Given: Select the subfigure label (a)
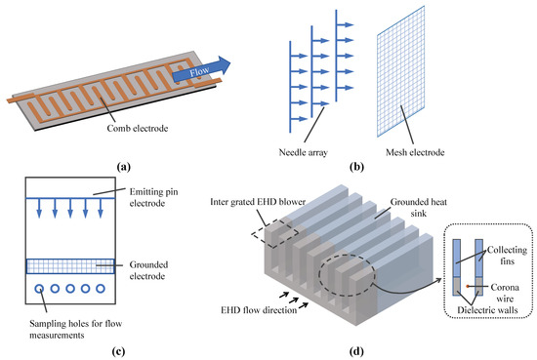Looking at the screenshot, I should [x=125, y=167].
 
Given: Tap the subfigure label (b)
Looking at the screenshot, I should [x=391, y=167].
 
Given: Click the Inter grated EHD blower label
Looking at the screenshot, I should [x=253, y=202].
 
